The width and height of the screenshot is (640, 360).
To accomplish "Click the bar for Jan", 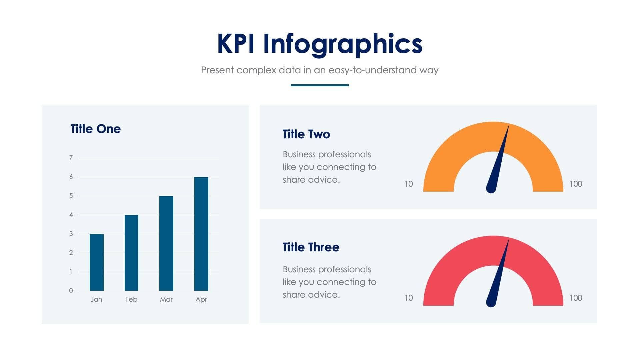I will [x=96, y=262].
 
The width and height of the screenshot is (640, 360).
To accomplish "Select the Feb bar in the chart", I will [x=131, y=253].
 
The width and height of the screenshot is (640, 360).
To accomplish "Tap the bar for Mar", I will [x=166, y=243].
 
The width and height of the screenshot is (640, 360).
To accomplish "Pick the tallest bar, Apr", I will [x=201, y=234].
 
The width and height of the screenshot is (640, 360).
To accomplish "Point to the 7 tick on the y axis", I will [x=71, y=158].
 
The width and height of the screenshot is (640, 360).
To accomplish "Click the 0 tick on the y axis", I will [x=71, y=291].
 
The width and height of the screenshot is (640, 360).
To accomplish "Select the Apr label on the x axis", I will [x=201, y=299].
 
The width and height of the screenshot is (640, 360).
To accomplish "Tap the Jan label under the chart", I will [x=96, y=299].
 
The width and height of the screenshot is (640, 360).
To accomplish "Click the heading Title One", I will [x=96, y=129].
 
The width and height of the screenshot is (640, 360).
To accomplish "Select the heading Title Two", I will [x=306, y=134].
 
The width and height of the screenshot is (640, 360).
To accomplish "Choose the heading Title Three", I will [x=311, y=247].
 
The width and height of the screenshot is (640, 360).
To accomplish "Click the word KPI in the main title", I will [x=236, y=44].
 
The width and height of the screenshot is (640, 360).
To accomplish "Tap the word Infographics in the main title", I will [x=343, y=44].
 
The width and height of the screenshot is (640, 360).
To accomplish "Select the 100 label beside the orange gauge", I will [x=576, y=184].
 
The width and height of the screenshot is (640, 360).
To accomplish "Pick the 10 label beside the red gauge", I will [x=408, y=298].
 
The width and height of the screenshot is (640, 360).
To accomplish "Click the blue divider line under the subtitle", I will [x=320, y=85].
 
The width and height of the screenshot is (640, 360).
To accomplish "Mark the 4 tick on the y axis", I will [x=71, y=215].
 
